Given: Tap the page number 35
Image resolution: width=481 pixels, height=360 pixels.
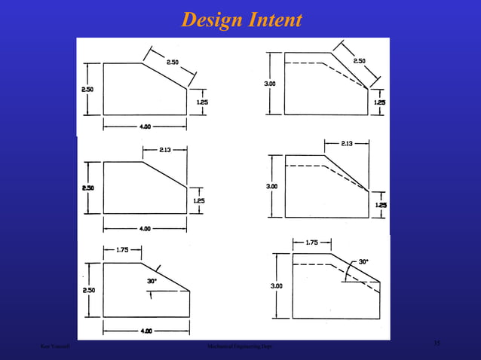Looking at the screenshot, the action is [437, 343].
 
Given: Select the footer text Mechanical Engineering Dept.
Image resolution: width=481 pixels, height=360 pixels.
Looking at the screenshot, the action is [240, 346].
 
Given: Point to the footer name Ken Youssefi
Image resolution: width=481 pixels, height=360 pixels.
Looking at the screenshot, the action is [57, 346].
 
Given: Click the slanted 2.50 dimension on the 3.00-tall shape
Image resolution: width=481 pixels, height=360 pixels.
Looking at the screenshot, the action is [359, 60].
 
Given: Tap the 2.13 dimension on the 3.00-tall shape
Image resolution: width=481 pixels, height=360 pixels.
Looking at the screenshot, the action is [347, 143].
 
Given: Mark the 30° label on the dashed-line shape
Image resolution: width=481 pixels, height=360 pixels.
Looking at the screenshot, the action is [363, 262].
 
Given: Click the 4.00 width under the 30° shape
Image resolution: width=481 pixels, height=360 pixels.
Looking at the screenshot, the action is [145, 331].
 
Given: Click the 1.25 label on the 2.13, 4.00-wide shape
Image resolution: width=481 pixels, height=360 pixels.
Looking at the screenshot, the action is [199, 200].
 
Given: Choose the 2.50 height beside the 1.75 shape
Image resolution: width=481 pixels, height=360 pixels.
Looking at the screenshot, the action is [88, 289].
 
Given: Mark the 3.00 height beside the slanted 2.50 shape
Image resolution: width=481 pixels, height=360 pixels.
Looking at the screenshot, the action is [269, 84].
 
